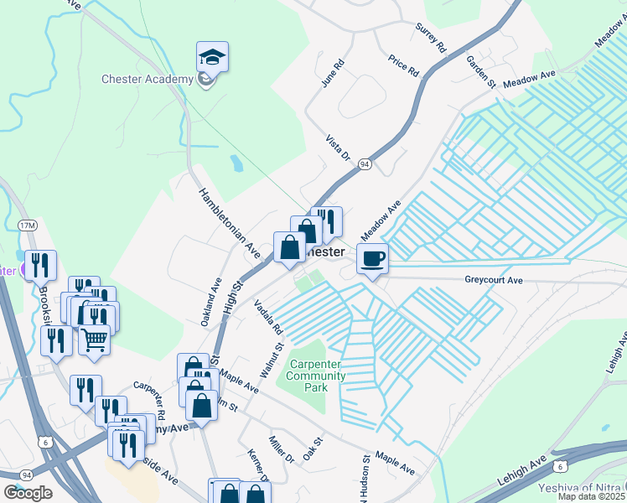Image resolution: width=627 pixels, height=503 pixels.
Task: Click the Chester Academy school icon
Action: (x=212, y=58)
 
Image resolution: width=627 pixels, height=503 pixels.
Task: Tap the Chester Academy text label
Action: (x=148, y=80)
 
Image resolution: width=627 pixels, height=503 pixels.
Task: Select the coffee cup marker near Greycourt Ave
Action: (x=373, y=258)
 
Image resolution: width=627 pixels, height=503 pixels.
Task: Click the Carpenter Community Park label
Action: (x=317, y=376)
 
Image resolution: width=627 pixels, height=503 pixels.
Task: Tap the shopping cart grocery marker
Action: (x=95, y=340)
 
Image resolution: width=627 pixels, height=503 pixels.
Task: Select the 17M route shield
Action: (x=27, y=226)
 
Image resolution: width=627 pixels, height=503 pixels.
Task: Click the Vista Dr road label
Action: (x=337, y=148)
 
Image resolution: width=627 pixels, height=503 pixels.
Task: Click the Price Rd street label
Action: (x=403, y=65)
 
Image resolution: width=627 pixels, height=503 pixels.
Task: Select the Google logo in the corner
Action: (x=28, y=492)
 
